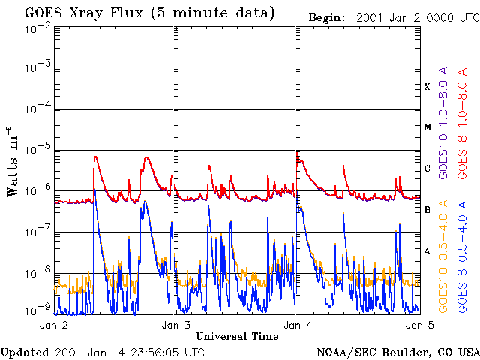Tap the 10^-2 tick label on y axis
(x=37, y=27)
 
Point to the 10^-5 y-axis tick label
(x=37, y=150)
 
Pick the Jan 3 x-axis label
(x=175, y=325)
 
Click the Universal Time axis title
(x=237, y=336)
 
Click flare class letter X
(x=427, y=86)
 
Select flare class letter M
(x=427, y=127)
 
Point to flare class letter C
(x=427, y=169)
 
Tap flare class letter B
(x=427, y=210)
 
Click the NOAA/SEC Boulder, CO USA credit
(x=397, y=352)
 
